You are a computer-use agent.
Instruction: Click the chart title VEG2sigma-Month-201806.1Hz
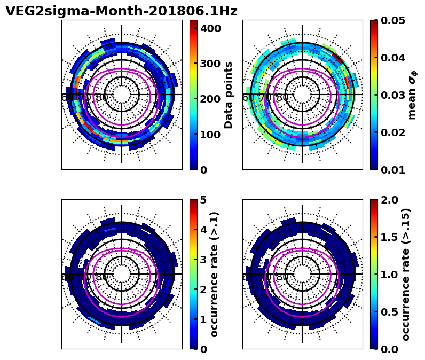[x=121, y=11]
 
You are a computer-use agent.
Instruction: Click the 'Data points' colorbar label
[x=229, y=95]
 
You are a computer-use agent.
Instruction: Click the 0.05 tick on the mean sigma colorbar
[x=393, y=20]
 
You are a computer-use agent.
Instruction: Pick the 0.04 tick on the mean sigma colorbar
[x=393, y=58]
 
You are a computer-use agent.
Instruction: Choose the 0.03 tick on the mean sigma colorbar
[x=393, y=95]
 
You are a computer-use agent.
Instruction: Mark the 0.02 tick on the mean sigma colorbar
[x=393, y=132]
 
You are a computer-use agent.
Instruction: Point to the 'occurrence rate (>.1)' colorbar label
[x=215, y=274]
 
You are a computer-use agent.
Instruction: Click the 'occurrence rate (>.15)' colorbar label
[x=406, y=274]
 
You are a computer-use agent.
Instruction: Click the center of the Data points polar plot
[x=122, y=95]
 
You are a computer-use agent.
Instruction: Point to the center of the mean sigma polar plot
[x=302, y=95]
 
